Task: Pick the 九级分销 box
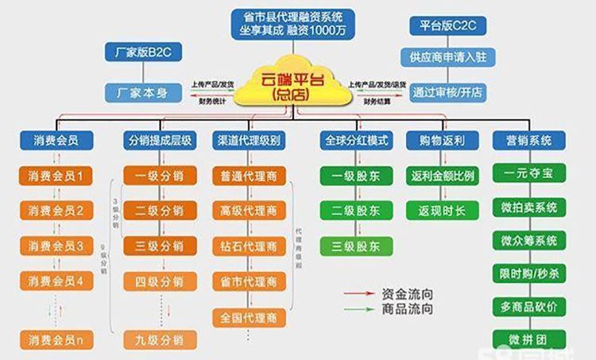[159, 340]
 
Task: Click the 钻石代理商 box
[249, 246]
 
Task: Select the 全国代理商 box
[249, 318]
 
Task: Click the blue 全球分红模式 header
[356, 141]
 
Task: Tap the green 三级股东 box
[356, 246]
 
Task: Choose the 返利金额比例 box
[443, 176]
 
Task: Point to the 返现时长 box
[443, 211]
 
